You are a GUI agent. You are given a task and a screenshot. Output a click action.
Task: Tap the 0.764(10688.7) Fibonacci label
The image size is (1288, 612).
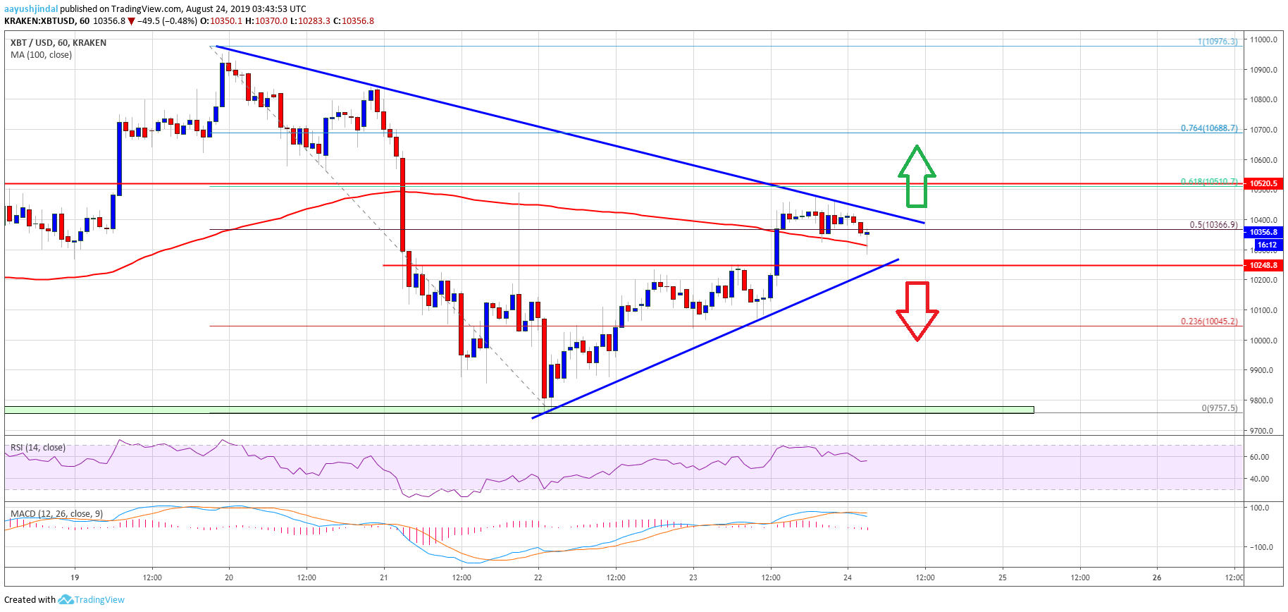pyautogui.click(x=1208, y=128)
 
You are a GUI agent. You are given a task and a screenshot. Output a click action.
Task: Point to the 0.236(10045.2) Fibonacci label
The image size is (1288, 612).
pyautogui.click(x=1208, y=322)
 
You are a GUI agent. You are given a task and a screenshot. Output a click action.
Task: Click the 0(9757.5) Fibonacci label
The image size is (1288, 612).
pyautogui.click(x=1219, y=408)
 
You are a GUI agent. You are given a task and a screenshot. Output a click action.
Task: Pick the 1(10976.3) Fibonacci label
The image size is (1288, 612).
pyautogui.click(x=1217, y=42)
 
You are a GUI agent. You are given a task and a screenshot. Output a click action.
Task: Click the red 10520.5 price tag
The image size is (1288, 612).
pyautogui.click(x=1263, y=183)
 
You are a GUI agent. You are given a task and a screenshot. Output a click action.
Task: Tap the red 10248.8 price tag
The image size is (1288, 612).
pyautogui.click(x=1263, y=265)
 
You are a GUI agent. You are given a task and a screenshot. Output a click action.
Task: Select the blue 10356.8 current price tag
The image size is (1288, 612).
pyautogui.click(x=1263, y=232)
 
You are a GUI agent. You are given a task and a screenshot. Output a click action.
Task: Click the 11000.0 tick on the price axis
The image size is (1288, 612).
pyautogui.click(x=1264, y=39)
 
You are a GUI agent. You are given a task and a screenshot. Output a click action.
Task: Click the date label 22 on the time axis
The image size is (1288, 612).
pyautogui.click(x=538, y=577)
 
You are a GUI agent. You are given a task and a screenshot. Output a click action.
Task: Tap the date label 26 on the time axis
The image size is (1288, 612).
pyautogui.click(x=1157, y=577)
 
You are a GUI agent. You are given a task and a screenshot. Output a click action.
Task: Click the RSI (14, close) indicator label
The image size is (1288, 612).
pyautogui.click(x=38, y=448)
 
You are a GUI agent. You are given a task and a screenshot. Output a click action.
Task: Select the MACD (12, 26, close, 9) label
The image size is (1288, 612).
pyautogui.click(x=56, y=514)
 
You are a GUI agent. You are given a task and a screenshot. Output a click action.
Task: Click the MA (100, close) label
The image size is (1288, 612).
pyautogui.click(x=41, y=55)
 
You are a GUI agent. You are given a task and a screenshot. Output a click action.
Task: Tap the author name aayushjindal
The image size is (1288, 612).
pyautogui.click(x=31, y=9)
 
